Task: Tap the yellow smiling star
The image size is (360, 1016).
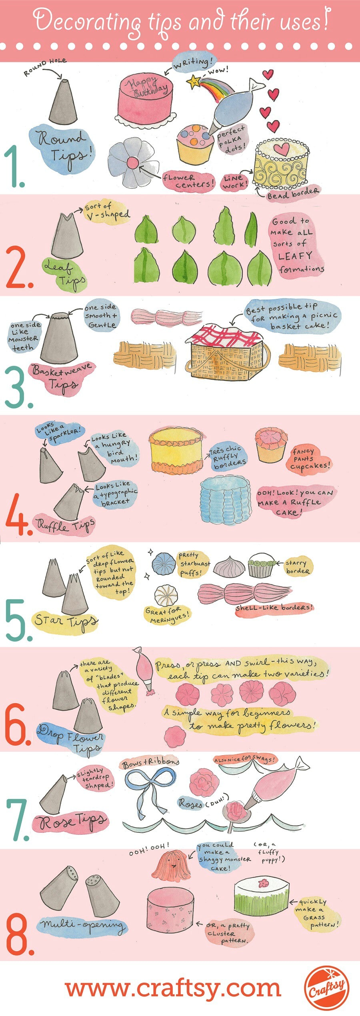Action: click(194, 81)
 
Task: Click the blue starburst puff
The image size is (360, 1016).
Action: click(164, 564)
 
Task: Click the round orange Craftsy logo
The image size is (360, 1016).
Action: click(326, 988)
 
